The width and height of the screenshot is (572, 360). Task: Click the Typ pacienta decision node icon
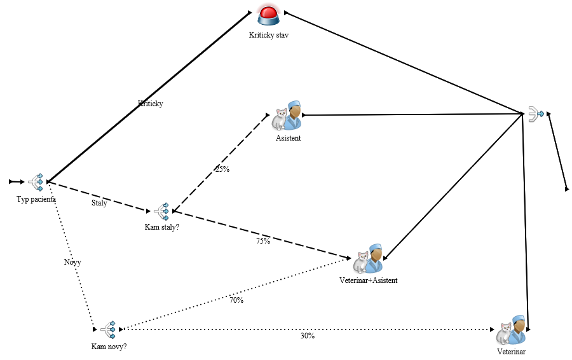(x=36, y=182)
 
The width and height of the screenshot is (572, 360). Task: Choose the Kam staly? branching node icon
(x=161, y=211)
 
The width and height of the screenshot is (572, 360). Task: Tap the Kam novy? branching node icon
(x=107, y=329)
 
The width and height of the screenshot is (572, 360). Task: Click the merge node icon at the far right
(x=536, y=114)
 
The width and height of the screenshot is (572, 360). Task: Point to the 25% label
(x=222, y=169)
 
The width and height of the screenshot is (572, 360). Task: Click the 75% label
(x=263, y=241)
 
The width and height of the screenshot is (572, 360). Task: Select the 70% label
(x=236, y=300)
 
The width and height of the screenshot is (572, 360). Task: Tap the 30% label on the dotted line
(x=307, y=336)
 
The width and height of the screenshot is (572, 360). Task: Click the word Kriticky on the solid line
(x=151, y=103)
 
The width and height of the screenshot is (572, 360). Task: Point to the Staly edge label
(x=99, y=204)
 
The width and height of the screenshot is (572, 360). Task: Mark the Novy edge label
(x=72, y=262)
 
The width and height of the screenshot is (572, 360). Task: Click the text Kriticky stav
(x=269, y=36)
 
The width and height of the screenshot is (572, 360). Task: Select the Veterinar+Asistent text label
(x=369, y=280)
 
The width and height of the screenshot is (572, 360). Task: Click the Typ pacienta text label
(x=36, y=199)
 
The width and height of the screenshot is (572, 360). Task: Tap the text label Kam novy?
(x=109, y=347)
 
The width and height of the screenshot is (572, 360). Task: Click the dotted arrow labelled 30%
(x=381, y=329)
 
